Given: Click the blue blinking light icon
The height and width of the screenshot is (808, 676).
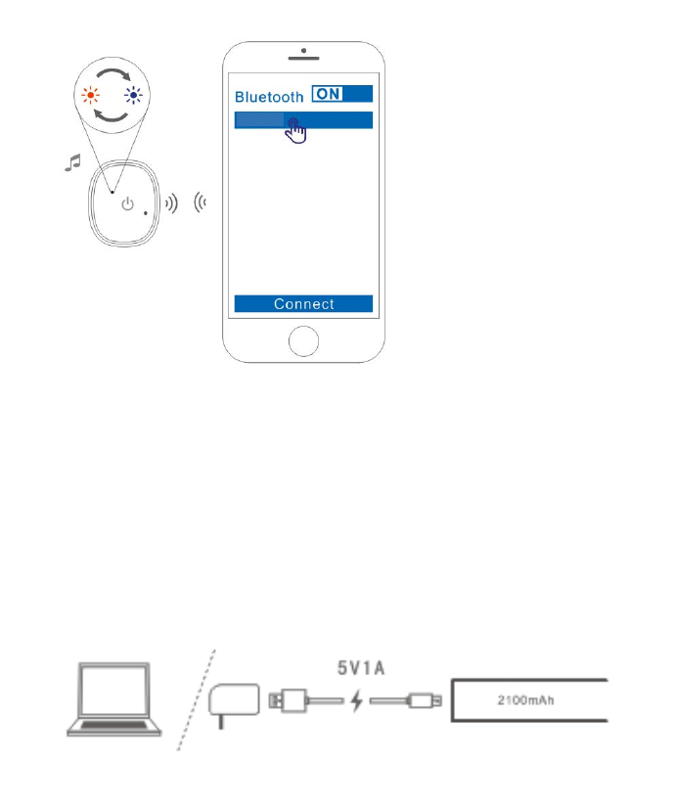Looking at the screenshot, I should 134,96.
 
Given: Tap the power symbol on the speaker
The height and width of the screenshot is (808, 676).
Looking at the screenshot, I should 126,204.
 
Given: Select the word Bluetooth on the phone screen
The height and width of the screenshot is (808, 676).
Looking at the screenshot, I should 269,97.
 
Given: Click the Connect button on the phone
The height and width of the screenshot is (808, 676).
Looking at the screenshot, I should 303,303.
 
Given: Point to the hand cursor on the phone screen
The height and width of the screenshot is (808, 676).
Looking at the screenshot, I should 296,131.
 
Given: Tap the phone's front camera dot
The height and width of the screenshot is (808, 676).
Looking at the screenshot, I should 304,51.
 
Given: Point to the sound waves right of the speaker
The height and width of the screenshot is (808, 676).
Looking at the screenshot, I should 171,203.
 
